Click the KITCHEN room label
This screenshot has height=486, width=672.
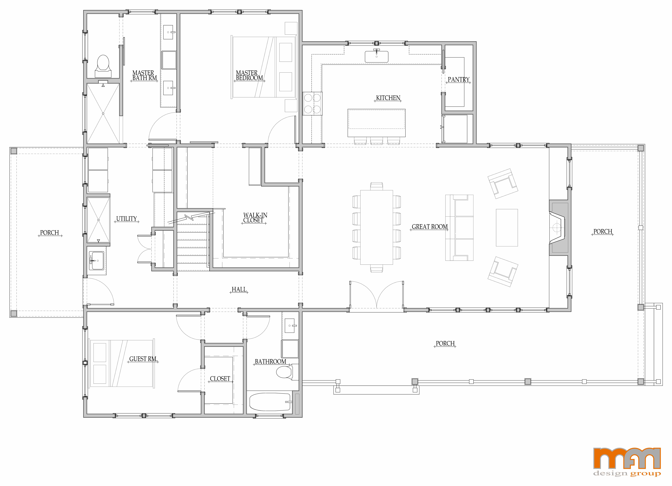coord(388,98)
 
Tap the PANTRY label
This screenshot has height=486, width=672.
coord(458,79)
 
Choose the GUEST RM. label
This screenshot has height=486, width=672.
coord(143,359)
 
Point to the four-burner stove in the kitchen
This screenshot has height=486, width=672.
coord(312,103)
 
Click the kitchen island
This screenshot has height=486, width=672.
coord(376,123)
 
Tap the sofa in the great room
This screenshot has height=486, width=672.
coord(459,228)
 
